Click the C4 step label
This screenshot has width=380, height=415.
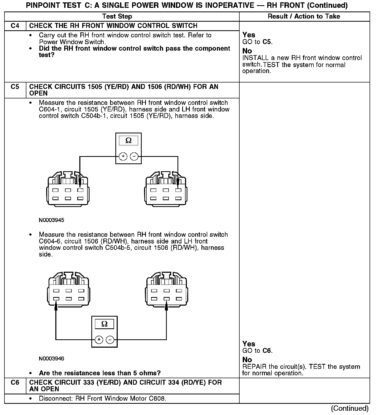click(x=15, y=26)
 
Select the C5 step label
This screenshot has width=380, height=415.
click(x=15, y=87)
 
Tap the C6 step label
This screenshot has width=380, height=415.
click(x=15, y=383)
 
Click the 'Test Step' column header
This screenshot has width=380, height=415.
click(x=117, y=16)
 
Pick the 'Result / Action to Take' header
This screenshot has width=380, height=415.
click(x=304, y=16)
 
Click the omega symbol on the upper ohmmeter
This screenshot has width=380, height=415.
click(x=128, y=141)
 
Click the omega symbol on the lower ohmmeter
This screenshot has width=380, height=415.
click(x=104, y=324)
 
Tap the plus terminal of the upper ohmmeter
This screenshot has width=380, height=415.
click(x=123, y=157)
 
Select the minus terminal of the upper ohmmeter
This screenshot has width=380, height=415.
click(x=134, y=157)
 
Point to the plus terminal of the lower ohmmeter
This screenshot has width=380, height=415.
click(x=99, y=340)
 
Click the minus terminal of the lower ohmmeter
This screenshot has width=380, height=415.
click(x=110, y=340)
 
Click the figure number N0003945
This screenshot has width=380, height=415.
click(x=51, y=220)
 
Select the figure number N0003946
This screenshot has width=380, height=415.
click(x=51, y=359)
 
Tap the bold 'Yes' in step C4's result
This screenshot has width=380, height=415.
click(x=249, y=35)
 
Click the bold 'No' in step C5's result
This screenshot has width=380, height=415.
click(x=247, y=360)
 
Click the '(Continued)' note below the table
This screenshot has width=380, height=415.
click(x=350, y=408)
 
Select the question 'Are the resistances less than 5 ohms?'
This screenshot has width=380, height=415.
click(x=100, y=373)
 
